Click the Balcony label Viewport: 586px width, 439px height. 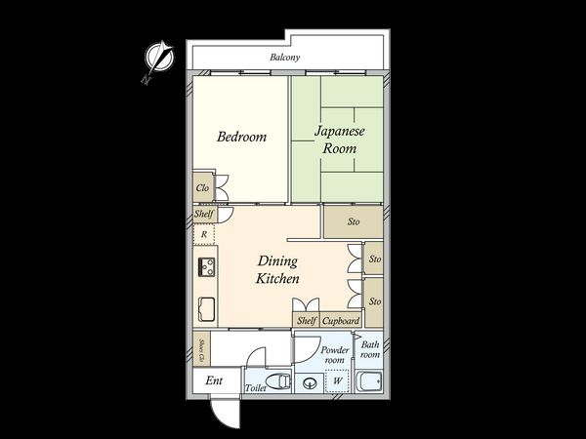pos(285,59)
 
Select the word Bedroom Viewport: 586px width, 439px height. pos(241,138)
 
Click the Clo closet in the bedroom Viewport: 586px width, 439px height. pos(203,188)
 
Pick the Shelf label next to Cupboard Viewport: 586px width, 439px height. pos(305,320)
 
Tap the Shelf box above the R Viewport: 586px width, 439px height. pos(203,215)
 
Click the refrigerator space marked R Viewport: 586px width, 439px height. pos(203,234)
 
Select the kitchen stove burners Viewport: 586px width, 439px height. pos(206,266)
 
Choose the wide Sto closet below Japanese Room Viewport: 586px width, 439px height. pos(353,221)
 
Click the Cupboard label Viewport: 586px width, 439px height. pos(341,320)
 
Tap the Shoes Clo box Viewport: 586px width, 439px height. pos(201,348)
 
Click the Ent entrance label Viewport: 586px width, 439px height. pos(214,380)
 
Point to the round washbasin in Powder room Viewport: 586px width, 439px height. pos(311,383)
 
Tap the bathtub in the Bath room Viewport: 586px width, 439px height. pos(371,380)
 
